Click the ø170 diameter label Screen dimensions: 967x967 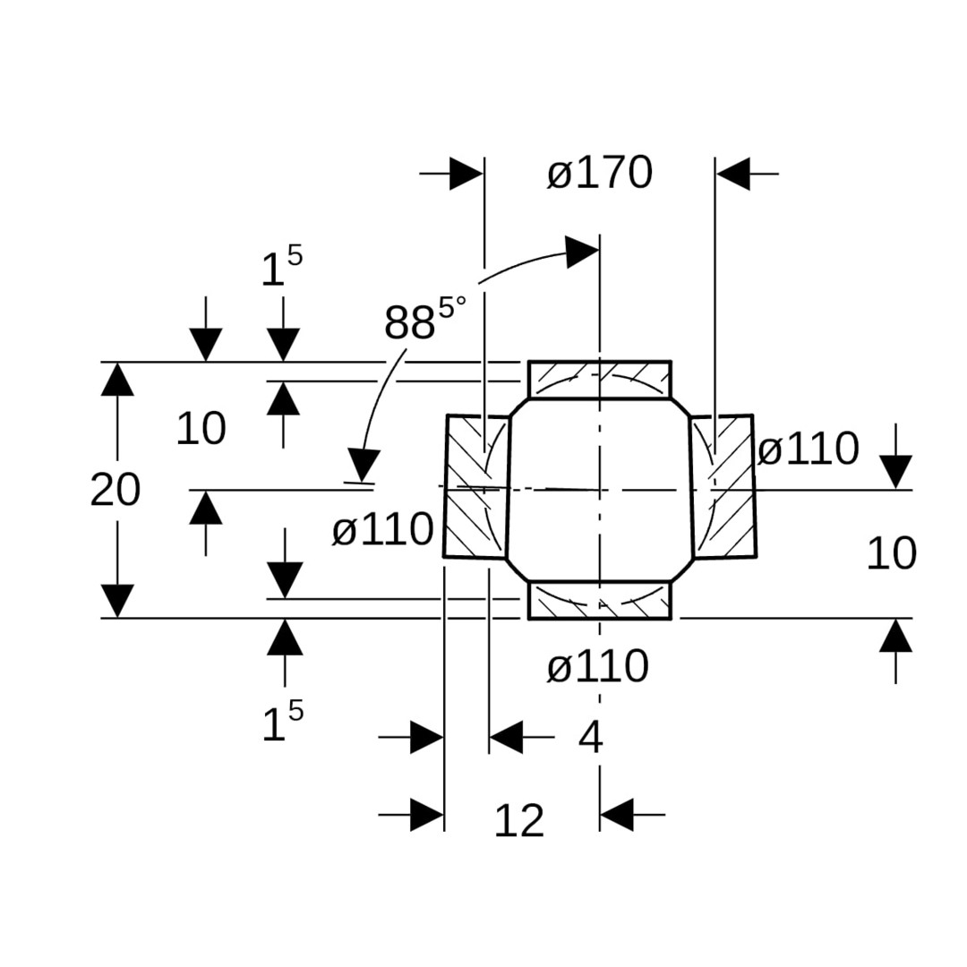pyautogui.click(x=599, y=174)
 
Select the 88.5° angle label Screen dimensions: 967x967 pyautogui.click(x=424, y=320)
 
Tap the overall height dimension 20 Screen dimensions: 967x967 pyautogui.click(x=116, y=491)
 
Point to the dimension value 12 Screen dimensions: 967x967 pyautogui.click(x=519, y=821)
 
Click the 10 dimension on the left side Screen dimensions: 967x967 pyautogui.click(x=201, y=430)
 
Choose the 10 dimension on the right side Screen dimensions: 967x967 pyautogui.click(x=891, y=554)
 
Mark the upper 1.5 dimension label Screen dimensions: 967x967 pyautogui.click(x=281, y=268)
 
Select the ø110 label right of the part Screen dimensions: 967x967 pyautogui.click(x=808, y=449)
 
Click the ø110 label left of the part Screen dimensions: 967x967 pyautogui.click(x=382, y=531)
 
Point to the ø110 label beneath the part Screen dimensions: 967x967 pyautogui.click(x=597, y=668)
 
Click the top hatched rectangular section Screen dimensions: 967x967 pyautogui.click(x=599, y=379)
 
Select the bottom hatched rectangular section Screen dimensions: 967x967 pyautogui.click(x=599, y=600)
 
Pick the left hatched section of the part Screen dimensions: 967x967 pyautogui.click(x=476, y=486)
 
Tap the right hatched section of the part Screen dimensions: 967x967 pyautogui.click(x=723, y=486)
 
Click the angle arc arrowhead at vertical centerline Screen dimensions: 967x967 pyautogui.click(x=583, y=252)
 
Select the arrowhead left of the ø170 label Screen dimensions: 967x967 pyautogui.click(x=466, y=174)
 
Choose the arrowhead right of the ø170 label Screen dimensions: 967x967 pyautogui.click(x=733, y=174)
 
